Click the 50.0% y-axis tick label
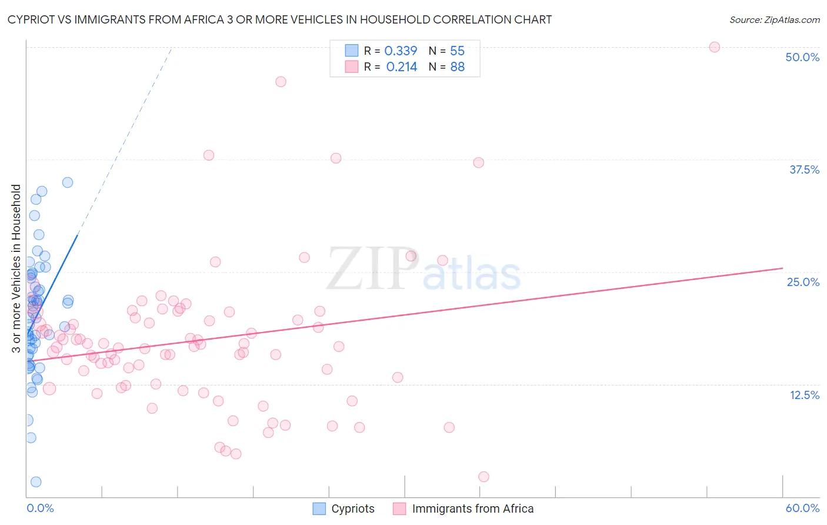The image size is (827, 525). pos(802,57)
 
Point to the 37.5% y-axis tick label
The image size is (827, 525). pos(804,170)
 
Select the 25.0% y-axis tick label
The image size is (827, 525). pos(803,282)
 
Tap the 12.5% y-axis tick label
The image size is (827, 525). pos(804,395)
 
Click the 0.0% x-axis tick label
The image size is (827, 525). pos(40,508)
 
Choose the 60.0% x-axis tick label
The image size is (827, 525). pos(802,508)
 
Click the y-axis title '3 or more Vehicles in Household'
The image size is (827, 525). pos(16,268)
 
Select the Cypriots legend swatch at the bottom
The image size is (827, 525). pos(319,509)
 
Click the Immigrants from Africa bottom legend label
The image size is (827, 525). pos(473,509)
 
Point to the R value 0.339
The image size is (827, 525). pos(401,51)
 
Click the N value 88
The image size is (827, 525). pos(457,67)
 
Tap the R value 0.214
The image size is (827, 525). pos(401,67)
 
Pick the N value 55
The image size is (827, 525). pos(457,51)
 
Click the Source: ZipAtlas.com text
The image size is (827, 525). pos(774,20)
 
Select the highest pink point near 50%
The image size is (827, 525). pos(714,47)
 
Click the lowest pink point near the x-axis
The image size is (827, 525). pos(483,477)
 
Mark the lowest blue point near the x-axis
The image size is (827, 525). pos(36,482)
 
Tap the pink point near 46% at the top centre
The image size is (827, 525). pos(281,82)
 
